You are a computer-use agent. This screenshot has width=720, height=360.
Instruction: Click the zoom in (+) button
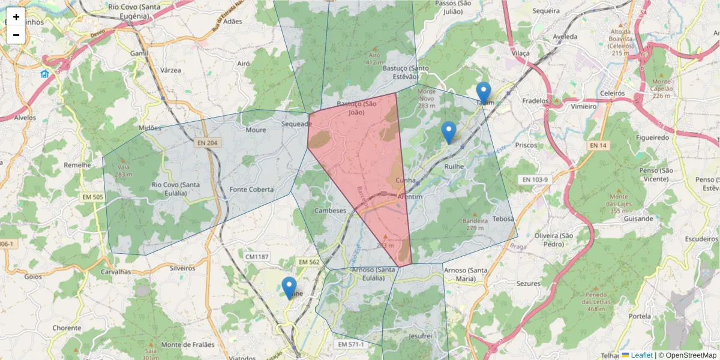16,17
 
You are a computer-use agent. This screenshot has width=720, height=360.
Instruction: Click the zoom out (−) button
16,35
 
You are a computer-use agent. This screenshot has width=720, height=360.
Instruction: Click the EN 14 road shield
598,145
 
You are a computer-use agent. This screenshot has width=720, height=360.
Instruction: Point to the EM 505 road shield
92,197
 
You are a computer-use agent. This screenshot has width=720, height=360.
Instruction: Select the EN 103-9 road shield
533,180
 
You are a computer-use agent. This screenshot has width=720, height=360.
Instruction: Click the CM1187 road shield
257,257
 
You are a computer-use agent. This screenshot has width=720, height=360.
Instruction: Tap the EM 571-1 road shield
351,344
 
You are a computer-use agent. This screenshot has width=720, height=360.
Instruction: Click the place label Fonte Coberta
251,190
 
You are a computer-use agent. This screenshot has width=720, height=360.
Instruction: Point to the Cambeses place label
331,211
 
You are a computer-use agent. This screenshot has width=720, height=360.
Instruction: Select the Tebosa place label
503,219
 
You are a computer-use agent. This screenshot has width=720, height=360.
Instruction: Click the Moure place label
256,130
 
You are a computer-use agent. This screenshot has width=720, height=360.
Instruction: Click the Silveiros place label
182,268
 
